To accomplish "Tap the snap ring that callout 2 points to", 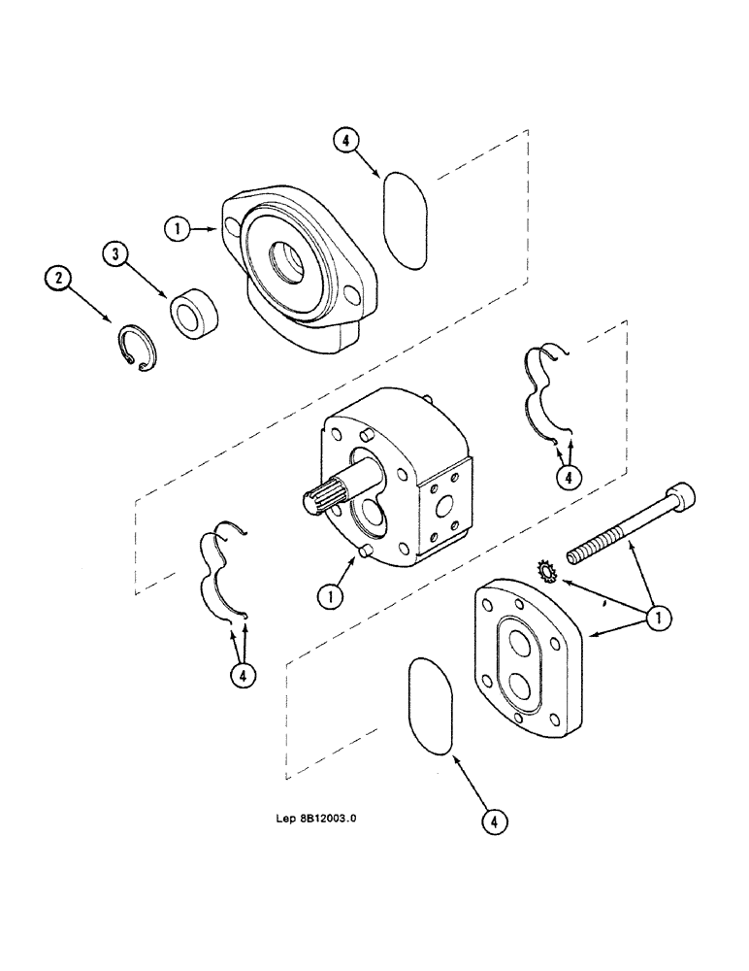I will pos(139,351).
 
